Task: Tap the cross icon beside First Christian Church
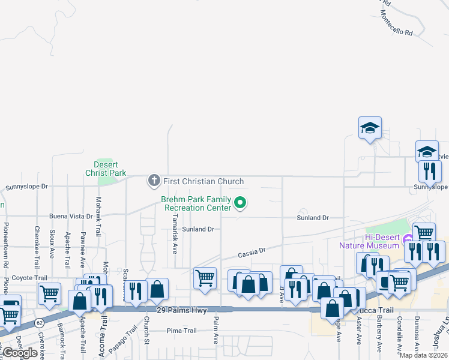[x=154, y=180]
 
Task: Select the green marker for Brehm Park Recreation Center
[x=240, y=203]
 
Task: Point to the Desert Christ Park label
[x=106, y=169]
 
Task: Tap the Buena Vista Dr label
[x=71, y=216]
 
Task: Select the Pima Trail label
[x=181, y=331]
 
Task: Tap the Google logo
[x=19, y=352]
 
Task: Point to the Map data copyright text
[x=424, y=355]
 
